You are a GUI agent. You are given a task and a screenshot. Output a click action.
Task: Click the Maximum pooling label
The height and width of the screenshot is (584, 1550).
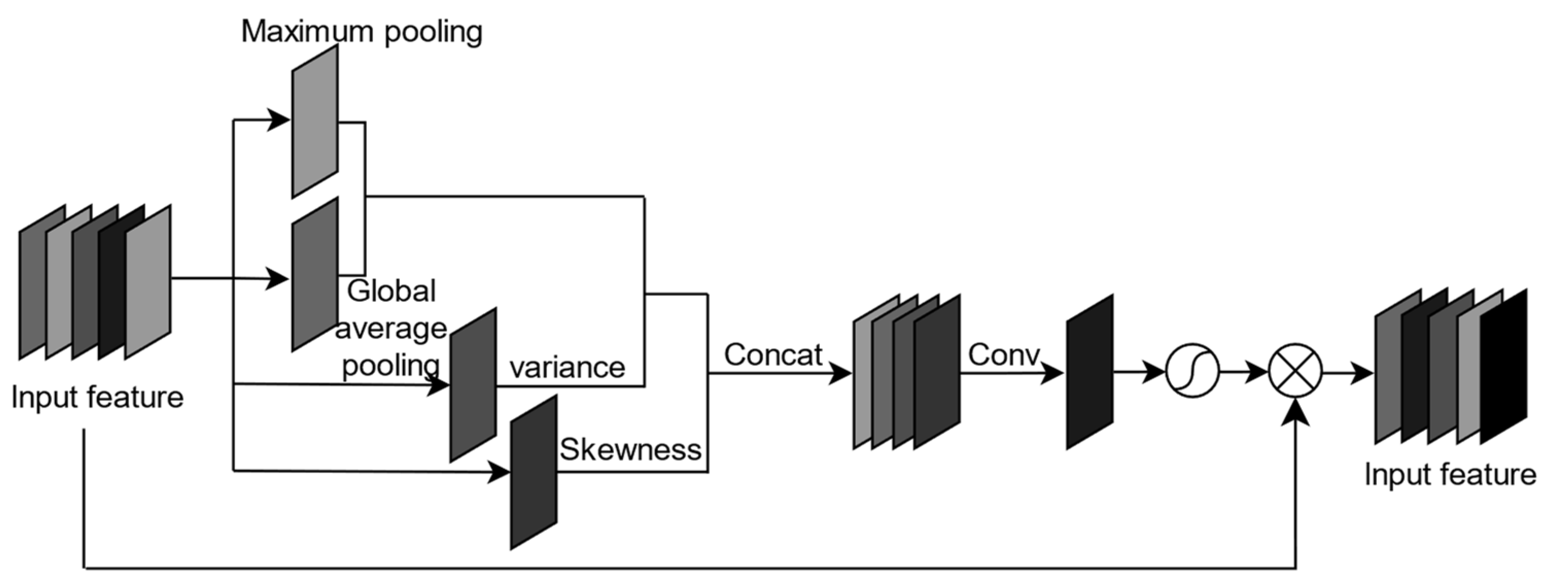(361, 31)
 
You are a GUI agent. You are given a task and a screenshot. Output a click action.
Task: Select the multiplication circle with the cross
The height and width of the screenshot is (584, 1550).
(1296, 371)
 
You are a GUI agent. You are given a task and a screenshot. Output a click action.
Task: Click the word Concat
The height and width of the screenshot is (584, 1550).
(773, 355)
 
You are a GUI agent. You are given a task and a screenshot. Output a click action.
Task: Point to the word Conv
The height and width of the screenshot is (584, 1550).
(1004, 355)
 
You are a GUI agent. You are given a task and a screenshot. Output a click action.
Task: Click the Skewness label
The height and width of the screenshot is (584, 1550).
(630, 449)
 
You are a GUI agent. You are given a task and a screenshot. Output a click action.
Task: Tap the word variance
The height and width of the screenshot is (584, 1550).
(567, 367)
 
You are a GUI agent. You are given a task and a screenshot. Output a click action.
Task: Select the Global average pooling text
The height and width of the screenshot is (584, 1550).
(391, 328)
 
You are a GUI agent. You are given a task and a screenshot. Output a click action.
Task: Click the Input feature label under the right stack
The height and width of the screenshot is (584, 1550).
(1450, 474)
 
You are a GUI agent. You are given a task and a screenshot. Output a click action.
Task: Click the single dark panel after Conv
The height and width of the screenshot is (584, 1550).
(1089, 371)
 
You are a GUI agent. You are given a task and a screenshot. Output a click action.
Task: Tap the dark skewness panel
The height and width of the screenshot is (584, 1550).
(533, 472)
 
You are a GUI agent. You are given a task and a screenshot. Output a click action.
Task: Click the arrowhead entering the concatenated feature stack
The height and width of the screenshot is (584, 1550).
(841, 373)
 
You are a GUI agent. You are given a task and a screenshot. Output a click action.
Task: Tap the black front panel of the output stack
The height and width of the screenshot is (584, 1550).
(1503, 366)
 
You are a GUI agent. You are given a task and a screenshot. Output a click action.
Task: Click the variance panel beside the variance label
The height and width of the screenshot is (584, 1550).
(473, 385)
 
